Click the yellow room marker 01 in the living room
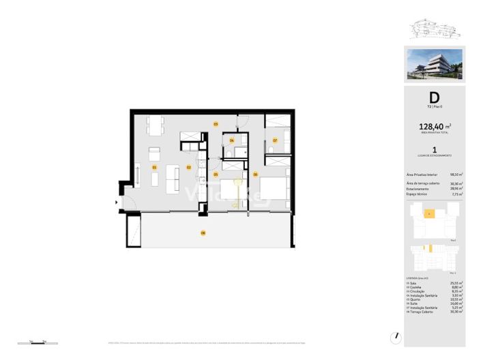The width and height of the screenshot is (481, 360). (154, 167)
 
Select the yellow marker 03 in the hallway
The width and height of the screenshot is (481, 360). (216, 124)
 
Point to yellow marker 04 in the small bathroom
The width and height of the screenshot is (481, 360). (232, 140)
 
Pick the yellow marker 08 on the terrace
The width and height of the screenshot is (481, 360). (203, 233)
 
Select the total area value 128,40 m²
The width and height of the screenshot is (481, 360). (432, 126)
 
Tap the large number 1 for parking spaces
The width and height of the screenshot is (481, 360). (434, 149)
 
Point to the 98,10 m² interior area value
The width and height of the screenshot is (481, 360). (456, 174)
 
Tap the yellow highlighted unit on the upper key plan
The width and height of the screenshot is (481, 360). (429, 214)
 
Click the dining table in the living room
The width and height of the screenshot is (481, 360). (156, 125)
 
